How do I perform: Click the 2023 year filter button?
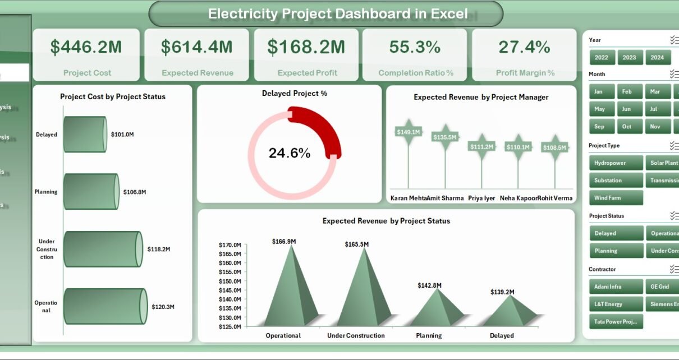point(630,57)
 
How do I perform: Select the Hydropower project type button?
point(616,163)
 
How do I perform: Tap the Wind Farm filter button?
point(616,198)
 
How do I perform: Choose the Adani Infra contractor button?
point(616,287)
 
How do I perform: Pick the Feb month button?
point(630,91)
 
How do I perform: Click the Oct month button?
point(630,126)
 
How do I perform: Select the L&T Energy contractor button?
point(616,304)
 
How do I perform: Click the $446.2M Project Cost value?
point(86,48)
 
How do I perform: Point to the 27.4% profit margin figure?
point(524,48)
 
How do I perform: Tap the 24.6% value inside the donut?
point(289,153)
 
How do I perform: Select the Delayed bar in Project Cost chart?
point(85,135)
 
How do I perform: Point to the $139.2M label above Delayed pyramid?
point(502,292)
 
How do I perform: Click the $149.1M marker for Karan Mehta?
point(408,132)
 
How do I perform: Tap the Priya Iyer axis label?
point(481,198)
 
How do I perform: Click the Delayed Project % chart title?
point(294,94)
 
